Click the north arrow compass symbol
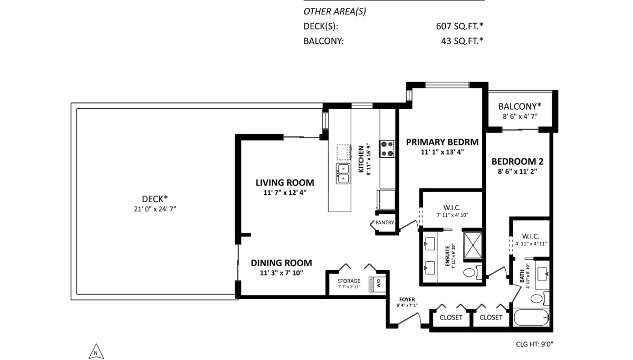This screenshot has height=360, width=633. pyautogui.click(x=95, y=351)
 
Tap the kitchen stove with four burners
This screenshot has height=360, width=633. pyautogui.click(x=387, y=148)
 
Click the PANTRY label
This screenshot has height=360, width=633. pyautogui.click(x=385, y=223)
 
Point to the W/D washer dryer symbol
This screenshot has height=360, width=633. pyautogui.click(x=378, y=283)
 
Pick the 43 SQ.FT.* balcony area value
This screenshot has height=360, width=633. pyautogui.click(x=462, y=41)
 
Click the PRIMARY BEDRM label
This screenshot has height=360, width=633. pyautogui.click(x=442, y=142)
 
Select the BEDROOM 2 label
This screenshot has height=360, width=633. pyautogui.click(x=517, y=162)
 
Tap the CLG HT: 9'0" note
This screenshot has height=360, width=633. pyautogui.click(x=534, y=344)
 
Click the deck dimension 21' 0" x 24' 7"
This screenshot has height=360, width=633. pyautogui.click(x=155, y=209)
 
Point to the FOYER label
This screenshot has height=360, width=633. pyautogui.click(x=407, y=299)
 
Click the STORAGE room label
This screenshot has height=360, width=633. pyautogui.click(x=349, y=281)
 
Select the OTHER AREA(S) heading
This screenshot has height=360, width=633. pyautogui.click(x=335, y=11)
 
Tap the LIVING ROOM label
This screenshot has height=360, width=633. pyautogui.click(x=285, y=183)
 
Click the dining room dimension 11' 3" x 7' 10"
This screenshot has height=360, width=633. pyautogui.click(x=281, y=273)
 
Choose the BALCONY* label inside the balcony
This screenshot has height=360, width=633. pyautogui.click(x=520, y=106)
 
